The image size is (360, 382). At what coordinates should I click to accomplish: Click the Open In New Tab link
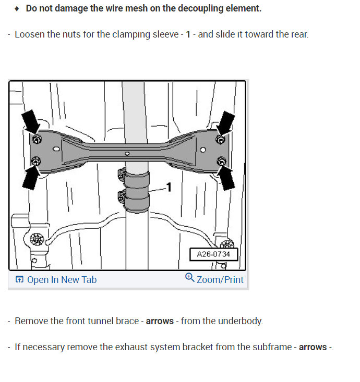(x=56, y=280)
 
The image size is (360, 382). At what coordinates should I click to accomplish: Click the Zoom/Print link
(x=214, y=279)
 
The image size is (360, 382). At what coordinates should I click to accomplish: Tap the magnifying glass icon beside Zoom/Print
(x=189, y=277)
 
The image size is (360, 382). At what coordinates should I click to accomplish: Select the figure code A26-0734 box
(x=214, y=254)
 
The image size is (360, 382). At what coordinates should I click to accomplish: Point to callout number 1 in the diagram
(x=169, y=187)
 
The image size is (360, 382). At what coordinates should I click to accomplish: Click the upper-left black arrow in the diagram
(x=30, y=121)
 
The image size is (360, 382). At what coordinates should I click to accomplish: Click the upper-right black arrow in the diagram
(x=226, y=123)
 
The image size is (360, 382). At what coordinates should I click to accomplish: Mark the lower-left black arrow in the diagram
(x=31, y=176)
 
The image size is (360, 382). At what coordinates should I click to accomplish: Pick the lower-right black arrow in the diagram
(x=226, y=178)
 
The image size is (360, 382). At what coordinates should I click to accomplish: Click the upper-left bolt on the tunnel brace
(x=37, y=140)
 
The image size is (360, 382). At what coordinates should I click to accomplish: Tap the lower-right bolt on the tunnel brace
(x=221, y=161)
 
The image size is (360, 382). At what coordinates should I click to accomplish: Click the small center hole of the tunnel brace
(x=127, y=154)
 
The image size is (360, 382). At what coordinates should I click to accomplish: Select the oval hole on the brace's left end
(x=56, y=149)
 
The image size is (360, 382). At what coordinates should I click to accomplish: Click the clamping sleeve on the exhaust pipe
(x=136, y=192)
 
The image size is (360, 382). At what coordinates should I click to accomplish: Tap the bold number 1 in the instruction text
(x=188, y=34)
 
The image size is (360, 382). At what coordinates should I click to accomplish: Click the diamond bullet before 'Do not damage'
(x=17, y=8)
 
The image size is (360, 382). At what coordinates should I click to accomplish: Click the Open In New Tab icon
(x=19, y=279)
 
